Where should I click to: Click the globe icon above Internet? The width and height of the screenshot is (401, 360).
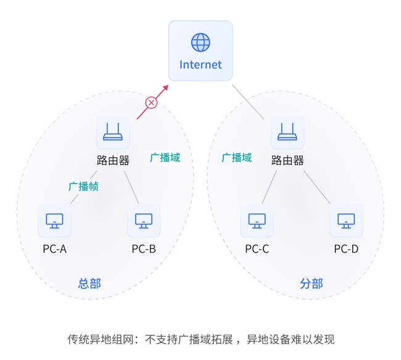200,42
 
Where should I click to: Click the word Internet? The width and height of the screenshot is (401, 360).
200,65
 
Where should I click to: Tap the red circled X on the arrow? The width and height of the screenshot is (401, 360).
151,102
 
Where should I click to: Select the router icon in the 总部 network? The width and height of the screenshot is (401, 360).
113,132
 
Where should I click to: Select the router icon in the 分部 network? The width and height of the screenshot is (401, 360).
287,132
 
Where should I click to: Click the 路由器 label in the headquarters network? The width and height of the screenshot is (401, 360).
113,160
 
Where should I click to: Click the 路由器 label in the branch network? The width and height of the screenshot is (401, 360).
287,160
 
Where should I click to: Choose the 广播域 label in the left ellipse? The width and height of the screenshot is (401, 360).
165,157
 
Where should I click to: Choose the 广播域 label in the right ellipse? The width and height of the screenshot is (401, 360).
237,157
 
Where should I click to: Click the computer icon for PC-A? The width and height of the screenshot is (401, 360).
54,221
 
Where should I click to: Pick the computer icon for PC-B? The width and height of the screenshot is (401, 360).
144,221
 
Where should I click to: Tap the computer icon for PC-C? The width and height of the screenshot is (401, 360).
257,221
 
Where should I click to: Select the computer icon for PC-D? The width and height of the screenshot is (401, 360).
346,221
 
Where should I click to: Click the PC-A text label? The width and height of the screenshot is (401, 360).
54,249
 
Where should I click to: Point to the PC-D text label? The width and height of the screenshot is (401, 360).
346,249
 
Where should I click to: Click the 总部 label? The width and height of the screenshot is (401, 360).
89,284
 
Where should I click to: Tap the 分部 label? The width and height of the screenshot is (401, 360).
311,284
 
